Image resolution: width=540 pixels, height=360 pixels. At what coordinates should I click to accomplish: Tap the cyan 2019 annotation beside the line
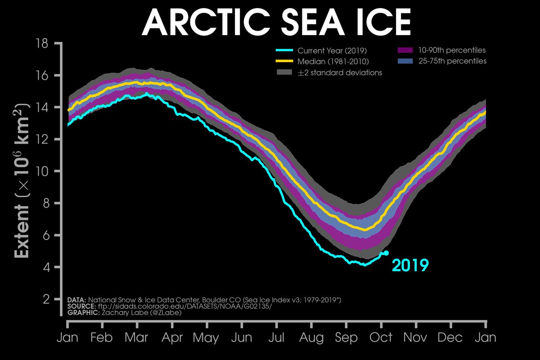click(x=409, y=265)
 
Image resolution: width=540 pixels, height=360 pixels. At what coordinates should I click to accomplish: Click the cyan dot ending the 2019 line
click(x=386, y=253)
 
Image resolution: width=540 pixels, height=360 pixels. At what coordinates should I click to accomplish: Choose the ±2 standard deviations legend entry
click(x=340, y=72)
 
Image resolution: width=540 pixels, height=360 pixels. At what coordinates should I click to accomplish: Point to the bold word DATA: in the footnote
click(x=76, y=300)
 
